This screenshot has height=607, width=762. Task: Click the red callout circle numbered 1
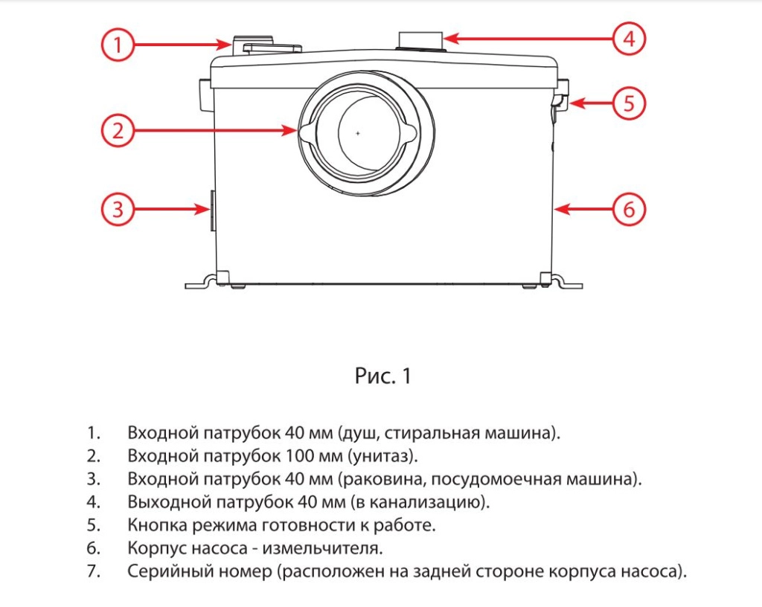click(x=118, y=45)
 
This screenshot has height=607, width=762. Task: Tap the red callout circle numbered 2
click(x=118, y=130)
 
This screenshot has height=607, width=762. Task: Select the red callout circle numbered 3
click(x=118, y=209)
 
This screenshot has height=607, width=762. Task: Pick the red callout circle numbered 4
click(x=629, y=39)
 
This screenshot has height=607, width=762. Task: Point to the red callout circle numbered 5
click(x=629, y=103)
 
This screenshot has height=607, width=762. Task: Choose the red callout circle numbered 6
click(x=629, y=209)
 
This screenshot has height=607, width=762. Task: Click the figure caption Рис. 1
click(x=383, y=376)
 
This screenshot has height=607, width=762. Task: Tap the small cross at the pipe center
click(x=358, y=133)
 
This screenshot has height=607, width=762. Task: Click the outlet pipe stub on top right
click(x=421, y=40)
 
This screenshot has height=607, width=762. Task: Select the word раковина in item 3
click(x=383, y=479)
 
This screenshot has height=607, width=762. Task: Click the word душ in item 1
click(x=360, y=434)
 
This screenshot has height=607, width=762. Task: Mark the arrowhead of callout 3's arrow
click(x=204, y=209)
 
